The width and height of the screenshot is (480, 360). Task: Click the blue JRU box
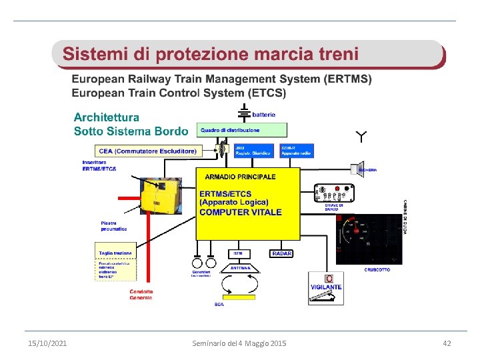[253, 151]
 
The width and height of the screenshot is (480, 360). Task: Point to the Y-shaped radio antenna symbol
[361, 138]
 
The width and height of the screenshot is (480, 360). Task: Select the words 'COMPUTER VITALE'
[241, 212]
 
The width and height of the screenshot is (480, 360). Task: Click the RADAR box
[281, 253]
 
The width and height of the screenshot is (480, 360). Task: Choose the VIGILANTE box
[325, 287]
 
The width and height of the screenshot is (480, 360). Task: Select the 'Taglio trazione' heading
[116, 253]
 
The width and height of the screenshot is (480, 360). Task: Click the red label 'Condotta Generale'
[141, 294]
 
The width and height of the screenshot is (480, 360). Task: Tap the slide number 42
[447, 343]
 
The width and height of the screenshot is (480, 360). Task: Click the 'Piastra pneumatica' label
[114, 225]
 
